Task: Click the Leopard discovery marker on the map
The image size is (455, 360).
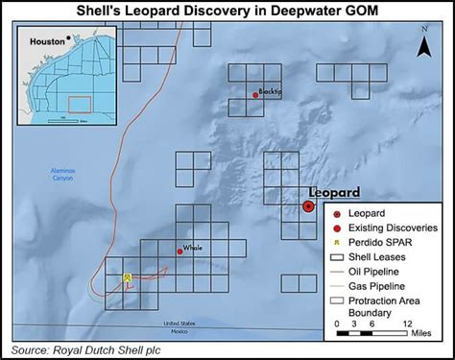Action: click(308, 205)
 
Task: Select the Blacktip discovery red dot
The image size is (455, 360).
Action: click(255, 94)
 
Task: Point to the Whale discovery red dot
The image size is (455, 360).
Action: click(180, 251)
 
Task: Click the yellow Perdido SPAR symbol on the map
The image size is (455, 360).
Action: click(127, 277)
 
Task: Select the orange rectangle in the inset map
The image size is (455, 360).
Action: click(80, 103)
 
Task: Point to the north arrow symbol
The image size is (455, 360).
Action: click(424, 43)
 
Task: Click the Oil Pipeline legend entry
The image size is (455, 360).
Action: click(383, 271)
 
